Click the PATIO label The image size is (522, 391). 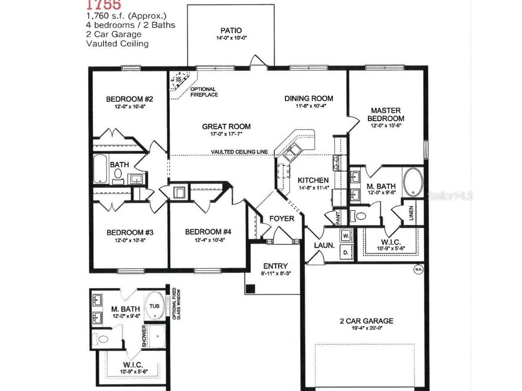231,31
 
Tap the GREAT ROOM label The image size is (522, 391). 226,127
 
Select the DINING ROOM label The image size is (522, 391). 308,98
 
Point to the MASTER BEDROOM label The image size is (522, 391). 385,114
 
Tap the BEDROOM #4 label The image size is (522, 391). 208,232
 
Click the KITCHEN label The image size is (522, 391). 313,180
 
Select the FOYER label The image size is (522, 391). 282,218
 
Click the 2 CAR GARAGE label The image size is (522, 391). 367,321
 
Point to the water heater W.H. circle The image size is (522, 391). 418,269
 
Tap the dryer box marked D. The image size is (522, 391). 346,253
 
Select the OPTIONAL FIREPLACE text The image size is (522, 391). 203,92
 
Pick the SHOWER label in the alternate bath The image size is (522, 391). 144,337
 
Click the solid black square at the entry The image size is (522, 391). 250,289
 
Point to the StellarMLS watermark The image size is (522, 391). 452,195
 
